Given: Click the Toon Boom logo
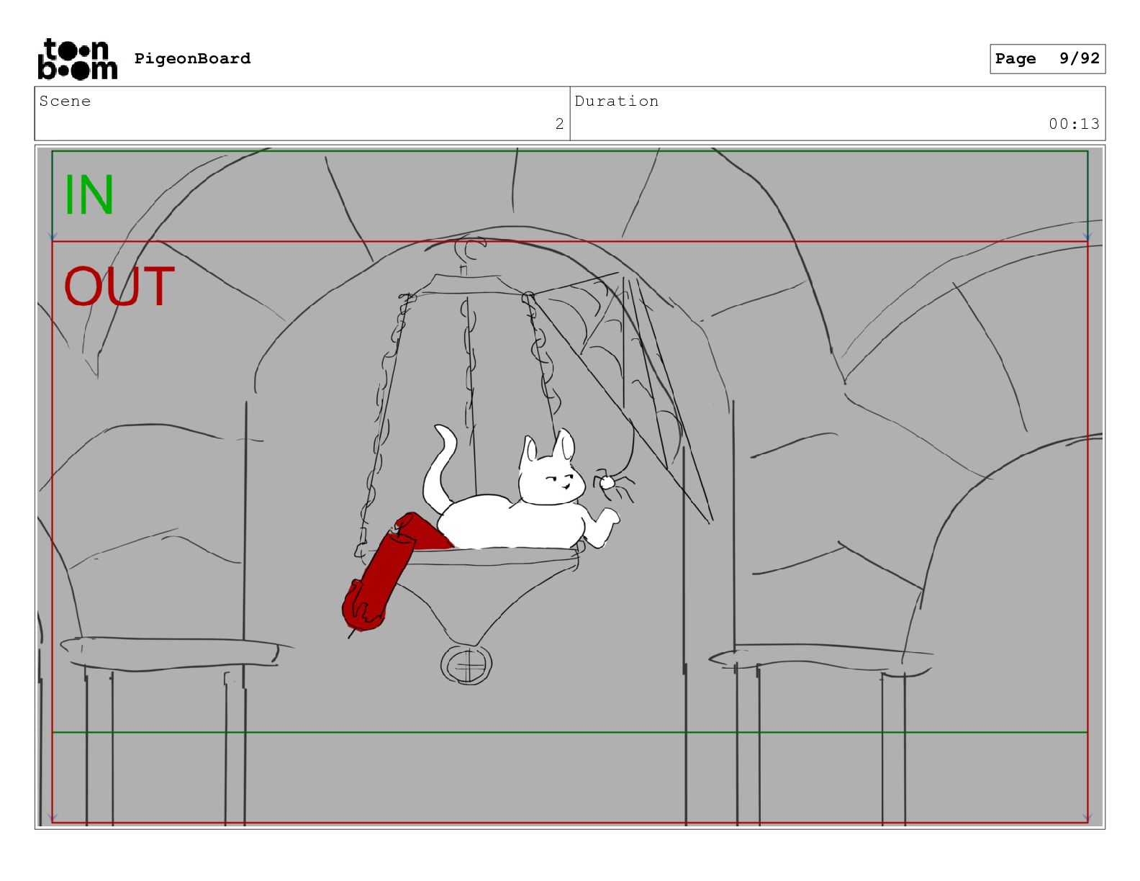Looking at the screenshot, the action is tap(77, 59).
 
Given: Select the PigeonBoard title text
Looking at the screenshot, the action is tap(192, 58).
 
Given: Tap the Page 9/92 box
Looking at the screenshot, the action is tap(1047, 59).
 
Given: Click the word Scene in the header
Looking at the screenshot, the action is tap(65, 101).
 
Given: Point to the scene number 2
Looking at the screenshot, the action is tap(559, 124).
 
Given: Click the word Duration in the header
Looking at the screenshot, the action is tap(617, 101).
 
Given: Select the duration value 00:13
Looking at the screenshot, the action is tap(1074, 124).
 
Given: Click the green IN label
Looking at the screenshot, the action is tap(89, 194).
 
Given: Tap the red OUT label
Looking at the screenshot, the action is tap(119, 286).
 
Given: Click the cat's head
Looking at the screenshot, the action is tap(550, 468).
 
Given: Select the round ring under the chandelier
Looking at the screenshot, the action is tap(466, 665).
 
